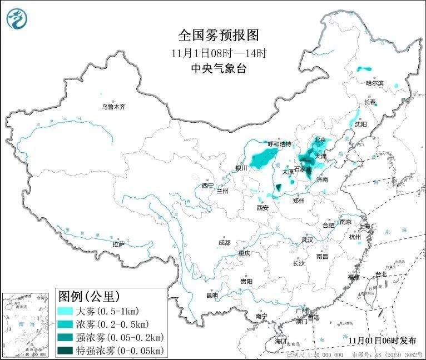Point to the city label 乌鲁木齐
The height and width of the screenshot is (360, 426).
coord(113,106)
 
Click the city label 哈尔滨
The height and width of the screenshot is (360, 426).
coord(375,83)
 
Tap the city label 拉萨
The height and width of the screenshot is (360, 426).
coord(118,243)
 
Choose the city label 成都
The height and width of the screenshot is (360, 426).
coord(224,242)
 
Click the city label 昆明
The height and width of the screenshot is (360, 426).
coord(212,295)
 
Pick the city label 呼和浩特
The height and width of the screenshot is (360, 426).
coord(279,144)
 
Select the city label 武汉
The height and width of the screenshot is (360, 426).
coord(307,239)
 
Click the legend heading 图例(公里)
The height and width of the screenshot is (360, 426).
coord(90,296)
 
